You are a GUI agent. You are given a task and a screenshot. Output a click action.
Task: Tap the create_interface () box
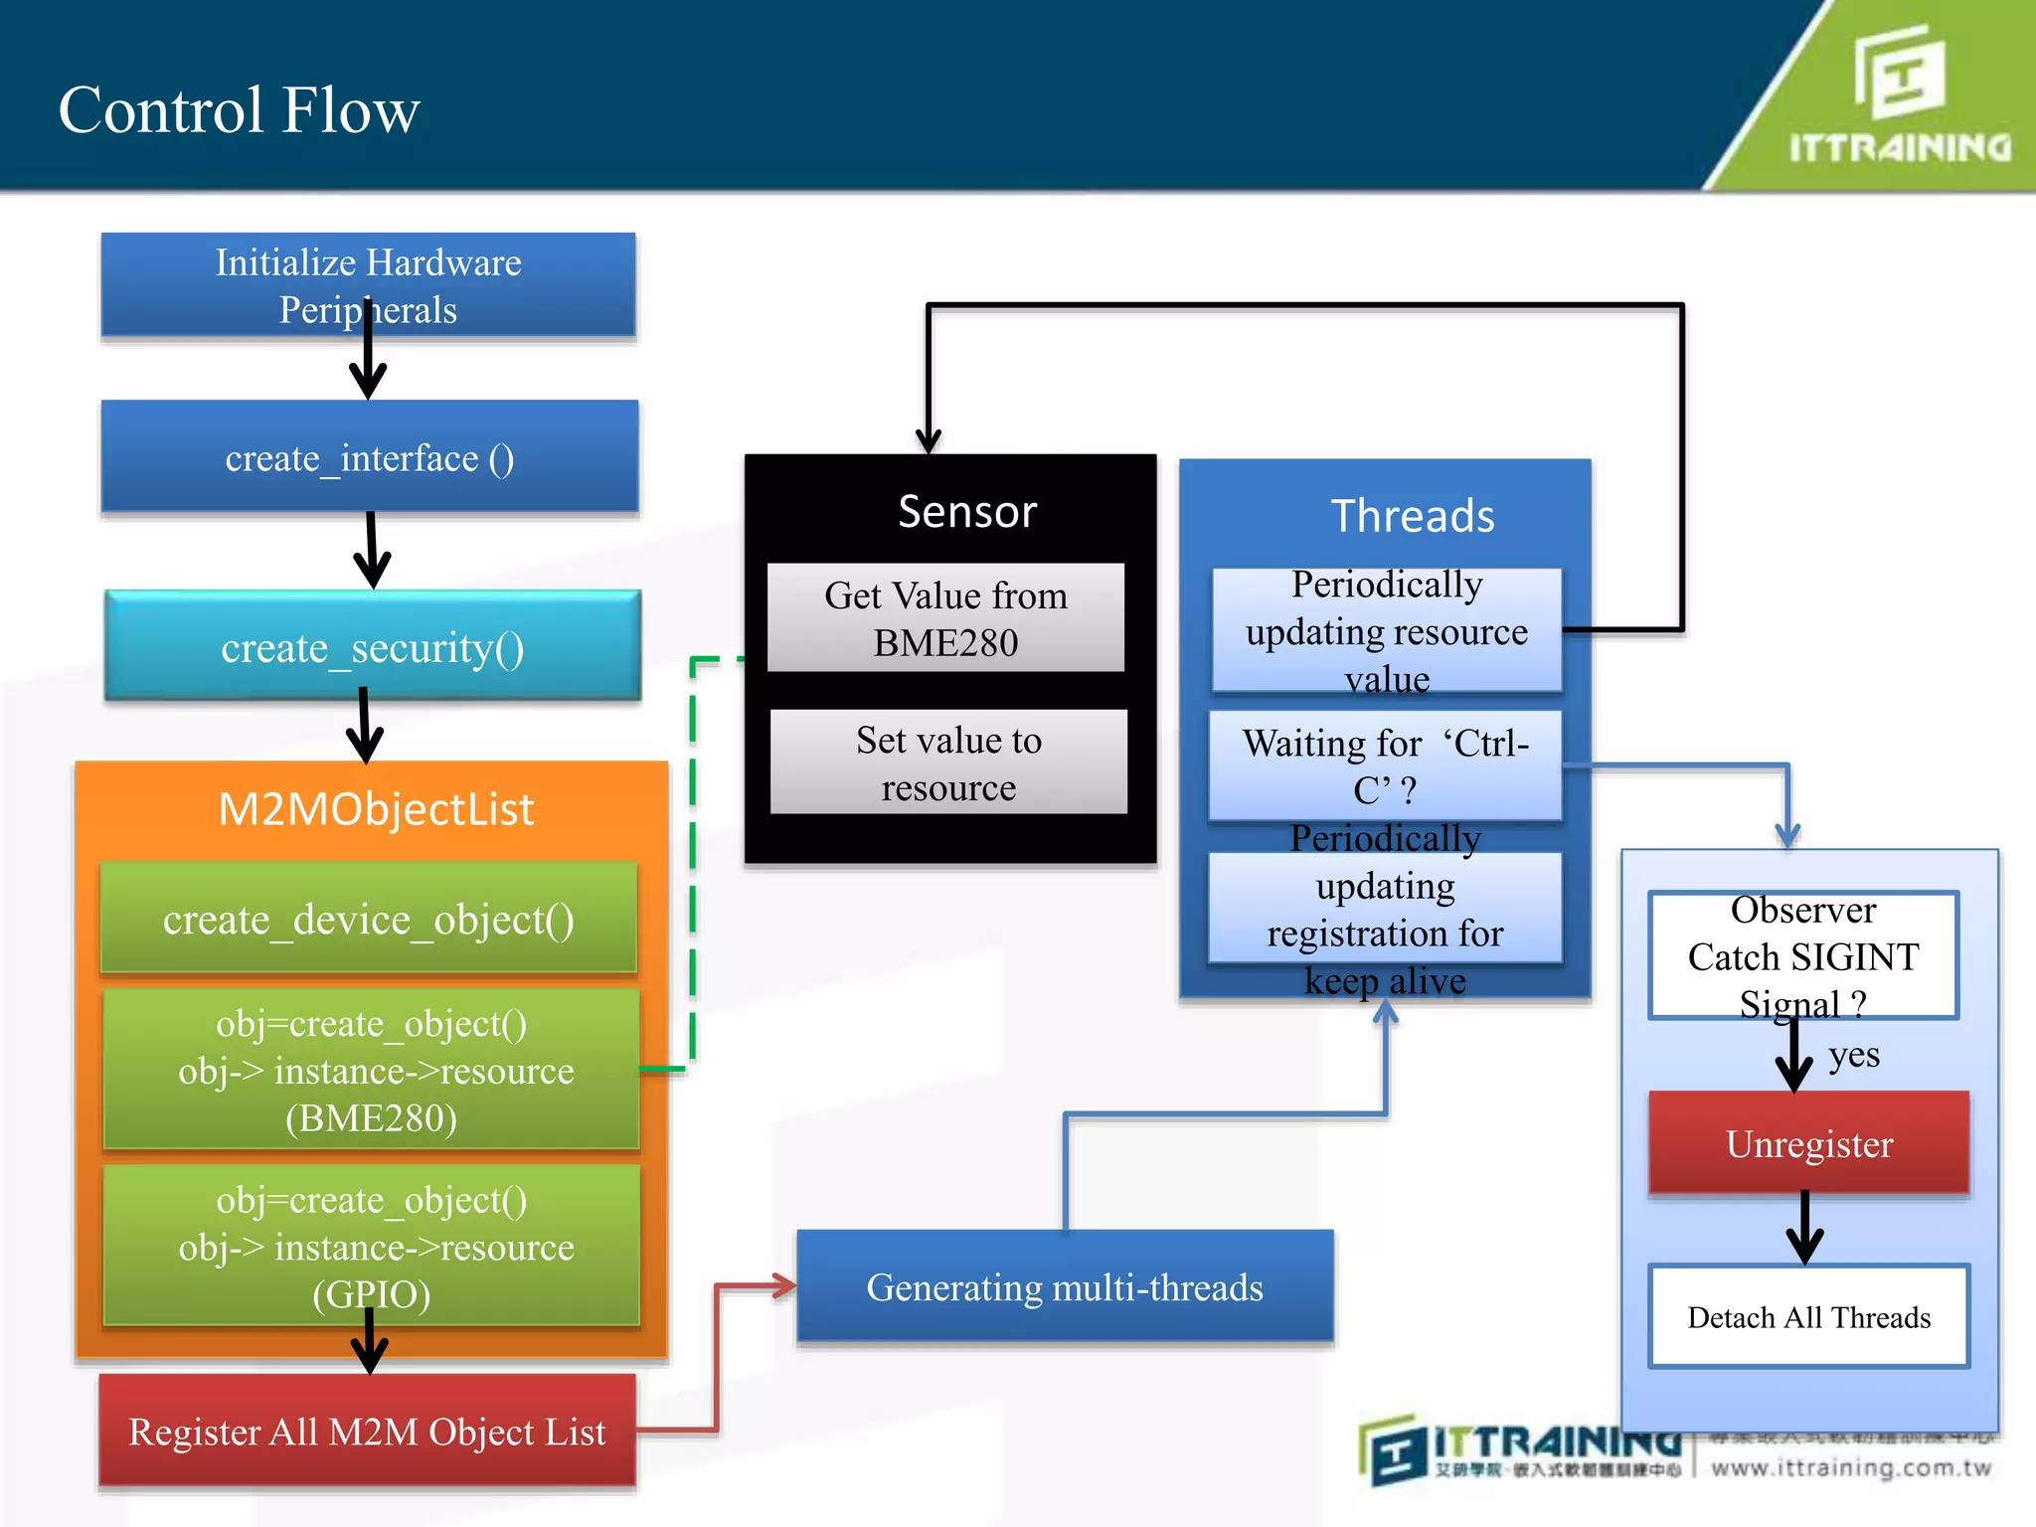tap(369, 457)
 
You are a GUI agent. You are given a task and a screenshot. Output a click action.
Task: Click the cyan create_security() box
tap(372, 647)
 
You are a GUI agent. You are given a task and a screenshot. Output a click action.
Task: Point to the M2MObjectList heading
tap(376, 808)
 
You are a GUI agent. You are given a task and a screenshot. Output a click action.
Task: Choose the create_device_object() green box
tap(368, 919)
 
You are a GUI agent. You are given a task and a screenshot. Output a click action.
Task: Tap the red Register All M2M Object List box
tap(367, 1432)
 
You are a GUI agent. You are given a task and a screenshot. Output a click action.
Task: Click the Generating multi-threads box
tap(1065, 1287)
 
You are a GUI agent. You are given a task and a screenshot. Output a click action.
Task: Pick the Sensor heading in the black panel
tap(966, 511)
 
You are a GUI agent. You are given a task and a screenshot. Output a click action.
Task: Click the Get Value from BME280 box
tap(945, 618)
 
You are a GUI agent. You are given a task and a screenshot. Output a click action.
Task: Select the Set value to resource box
tap(948, 763)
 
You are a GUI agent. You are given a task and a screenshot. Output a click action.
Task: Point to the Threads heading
tap(1412, 515)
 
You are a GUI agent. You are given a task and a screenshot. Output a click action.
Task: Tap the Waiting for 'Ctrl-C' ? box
tap(1385, 765)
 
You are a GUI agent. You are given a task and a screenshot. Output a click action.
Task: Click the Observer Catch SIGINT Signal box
tap(1802, 955)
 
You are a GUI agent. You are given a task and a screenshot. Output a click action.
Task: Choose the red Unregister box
tap(1808, 1143)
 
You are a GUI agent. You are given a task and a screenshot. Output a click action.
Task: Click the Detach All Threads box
tap(1808, 1317)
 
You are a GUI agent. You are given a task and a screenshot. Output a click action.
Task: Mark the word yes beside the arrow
tap(1854, 1054)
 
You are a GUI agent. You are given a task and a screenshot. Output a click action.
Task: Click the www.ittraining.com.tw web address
tap(1851, 1468)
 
